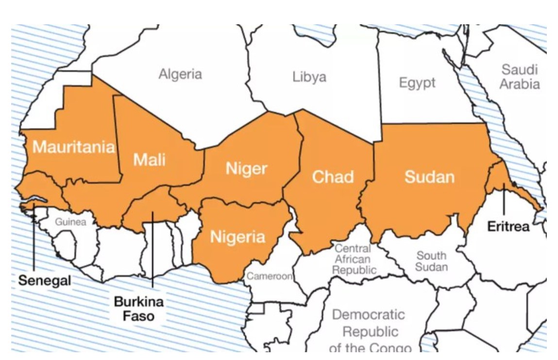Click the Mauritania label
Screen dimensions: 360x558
[x=74, y=147]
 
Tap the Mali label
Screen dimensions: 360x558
[x=149, y=159]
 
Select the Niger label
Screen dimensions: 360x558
[x=246, y=169]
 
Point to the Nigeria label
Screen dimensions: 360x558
[x=237, y=237]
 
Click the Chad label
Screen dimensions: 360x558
[x=333, y=177]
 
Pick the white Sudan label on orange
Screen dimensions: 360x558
[x=429, y=177]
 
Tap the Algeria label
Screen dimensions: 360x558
[x=180, y=74]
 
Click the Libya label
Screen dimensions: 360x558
[x=309, y=77]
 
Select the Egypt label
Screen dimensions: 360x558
[x=417, y=83]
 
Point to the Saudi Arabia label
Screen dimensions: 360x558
[x=520, y=77]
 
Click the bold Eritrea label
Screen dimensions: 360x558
[x=508, y=226]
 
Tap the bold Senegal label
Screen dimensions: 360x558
[x=45, y=280]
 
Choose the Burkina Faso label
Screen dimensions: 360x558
[x=138, y=309]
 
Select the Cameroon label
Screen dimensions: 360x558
[x=270, y=276]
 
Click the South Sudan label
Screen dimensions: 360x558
[x=431, y=261]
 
